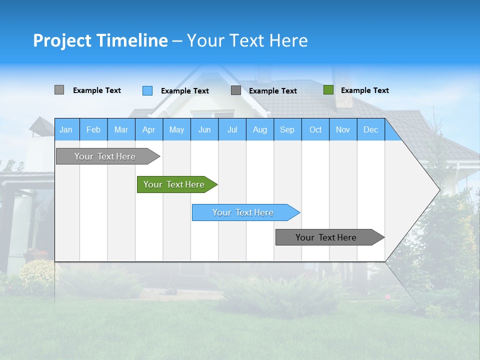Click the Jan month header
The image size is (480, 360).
pos(66,129)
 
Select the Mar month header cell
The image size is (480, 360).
pos(121,129)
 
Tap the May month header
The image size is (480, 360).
pos(176,129)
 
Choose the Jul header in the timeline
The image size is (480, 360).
pos(232,129)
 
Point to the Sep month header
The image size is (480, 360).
pos(287,129)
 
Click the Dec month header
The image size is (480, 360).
pos(370,129)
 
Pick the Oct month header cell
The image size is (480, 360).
pos(315,129)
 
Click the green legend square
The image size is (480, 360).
pos(328,90)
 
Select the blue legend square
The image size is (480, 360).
pos(147,90)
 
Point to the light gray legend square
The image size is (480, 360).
pos(59,90)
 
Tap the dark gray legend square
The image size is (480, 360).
pos(236,90)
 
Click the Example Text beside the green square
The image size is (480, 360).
pos(364,90)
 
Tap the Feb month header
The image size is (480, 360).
pos(93,129)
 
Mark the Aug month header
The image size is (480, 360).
pos(259,129)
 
